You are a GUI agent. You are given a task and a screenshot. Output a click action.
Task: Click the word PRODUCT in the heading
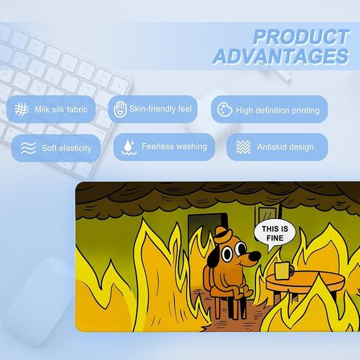point(301,37)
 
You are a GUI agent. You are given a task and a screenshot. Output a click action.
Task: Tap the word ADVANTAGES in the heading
point(281,56)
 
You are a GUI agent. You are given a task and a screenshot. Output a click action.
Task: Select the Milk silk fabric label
point(61,109)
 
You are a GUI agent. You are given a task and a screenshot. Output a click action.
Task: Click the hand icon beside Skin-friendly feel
point(120,109)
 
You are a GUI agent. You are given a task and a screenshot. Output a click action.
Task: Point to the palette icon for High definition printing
point(224,109)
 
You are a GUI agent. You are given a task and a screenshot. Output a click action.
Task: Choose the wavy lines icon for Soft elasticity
point(28,148)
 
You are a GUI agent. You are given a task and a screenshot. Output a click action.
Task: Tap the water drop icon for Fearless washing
point(129,147)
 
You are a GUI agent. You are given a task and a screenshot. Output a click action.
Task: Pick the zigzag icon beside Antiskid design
point(243,147)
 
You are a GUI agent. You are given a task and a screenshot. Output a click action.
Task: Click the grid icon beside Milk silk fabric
point(21,109)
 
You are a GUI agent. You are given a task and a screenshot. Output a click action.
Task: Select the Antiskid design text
point(285,147)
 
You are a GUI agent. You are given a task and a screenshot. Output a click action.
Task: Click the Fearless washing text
point(174,147)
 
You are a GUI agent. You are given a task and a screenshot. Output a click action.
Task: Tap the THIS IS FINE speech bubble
point(275,235)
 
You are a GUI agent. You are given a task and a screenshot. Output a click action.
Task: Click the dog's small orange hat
point(223,235)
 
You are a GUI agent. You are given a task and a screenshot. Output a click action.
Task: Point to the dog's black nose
point(254,256)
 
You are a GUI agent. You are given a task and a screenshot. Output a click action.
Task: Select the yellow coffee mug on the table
point(283,271)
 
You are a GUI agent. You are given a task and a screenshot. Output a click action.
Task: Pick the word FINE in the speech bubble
point(275,238)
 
